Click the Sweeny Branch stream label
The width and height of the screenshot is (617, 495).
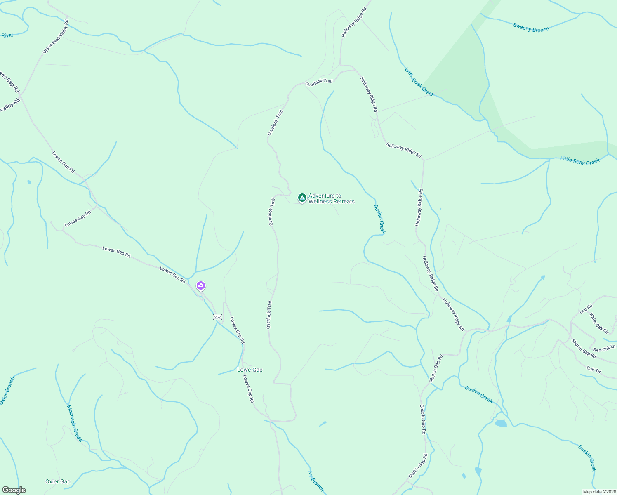(x=531, y=28)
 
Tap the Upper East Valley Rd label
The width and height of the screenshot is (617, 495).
(x=55, y=36)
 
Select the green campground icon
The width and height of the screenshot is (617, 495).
(x=302, y=198)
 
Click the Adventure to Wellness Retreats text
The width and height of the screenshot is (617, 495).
(x=331, y=198)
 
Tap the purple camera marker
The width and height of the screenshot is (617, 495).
(x=201, y=285)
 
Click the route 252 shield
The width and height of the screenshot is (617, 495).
(x=217, y=317)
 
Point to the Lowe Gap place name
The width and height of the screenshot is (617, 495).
(x=250, y=370)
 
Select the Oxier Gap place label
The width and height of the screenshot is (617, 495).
(x=58, y=481)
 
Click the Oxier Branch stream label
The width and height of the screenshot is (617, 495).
(x=7, y=390)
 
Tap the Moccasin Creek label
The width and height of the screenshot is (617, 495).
(x=74, y=423)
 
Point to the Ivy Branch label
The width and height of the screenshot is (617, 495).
(x=316, y=481)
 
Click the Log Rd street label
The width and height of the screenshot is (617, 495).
(x=586, y=309)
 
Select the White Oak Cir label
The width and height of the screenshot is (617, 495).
(x=598, y=323)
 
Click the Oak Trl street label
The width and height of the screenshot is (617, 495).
(x=593, y=370)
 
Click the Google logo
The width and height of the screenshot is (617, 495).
(x=14, y=490)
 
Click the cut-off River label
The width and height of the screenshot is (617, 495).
(x=7, y=35)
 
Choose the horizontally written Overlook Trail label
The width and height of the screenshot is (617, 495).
(x=318, y=82)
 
